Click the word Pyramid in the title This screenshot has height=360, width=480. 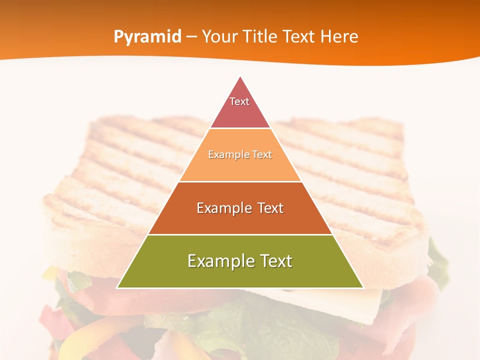147,37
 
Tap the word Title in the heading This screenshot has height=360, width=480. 260,37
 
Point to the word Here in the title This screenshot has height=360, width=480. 339,37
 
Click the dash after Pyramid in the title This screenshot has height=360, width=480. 191,37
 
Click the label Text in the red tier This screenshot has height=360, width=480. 239,101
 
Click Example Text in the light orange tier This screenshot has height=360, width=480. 240,154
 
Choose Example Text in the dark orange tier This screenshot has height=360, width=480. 240,208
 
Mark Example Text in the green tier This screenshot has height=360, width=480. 240,261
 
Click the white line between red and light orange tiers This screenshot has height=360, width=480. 240,128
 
